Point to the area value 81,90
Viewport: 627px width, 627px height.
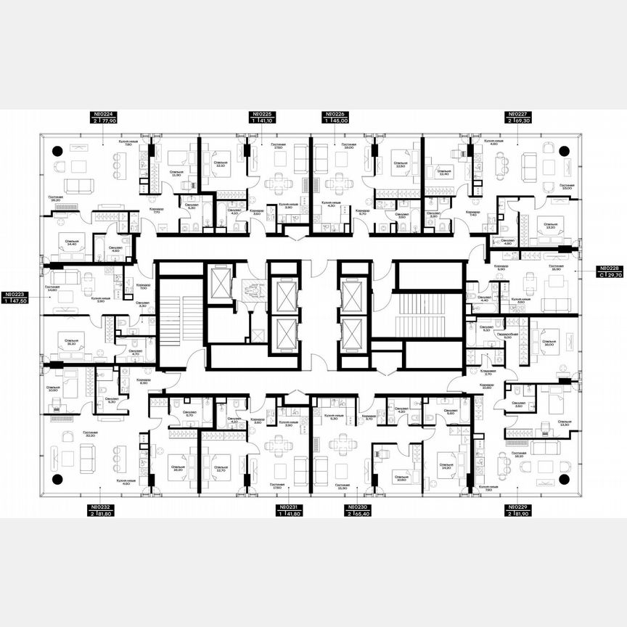click(522, 514)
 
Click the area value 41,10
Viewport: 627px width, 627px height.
click(266, 121)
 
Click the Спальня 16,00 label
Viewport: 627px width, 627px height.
click(548, 343)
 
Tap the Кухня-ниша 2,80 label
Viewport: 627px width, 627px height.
click(100, 299)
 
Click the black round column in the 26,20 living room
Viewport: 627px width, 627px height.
click(57, 150)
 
